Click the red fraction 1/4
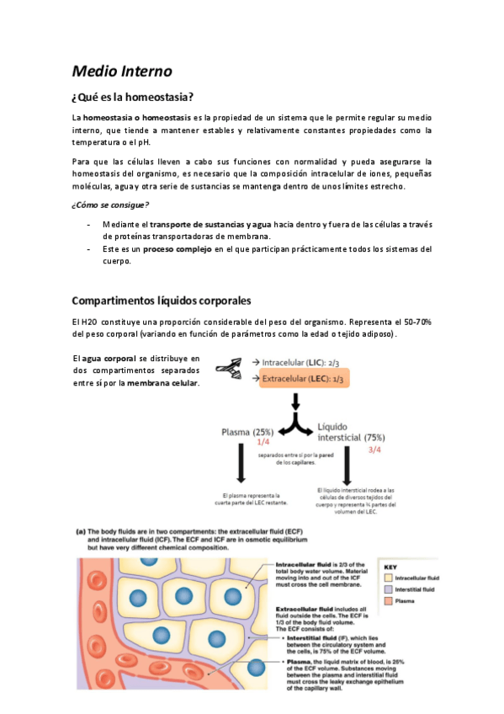tap(263, 441)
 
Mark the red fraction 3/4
tap(374, 450)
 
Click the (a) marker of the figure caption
tap(82, 531)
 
